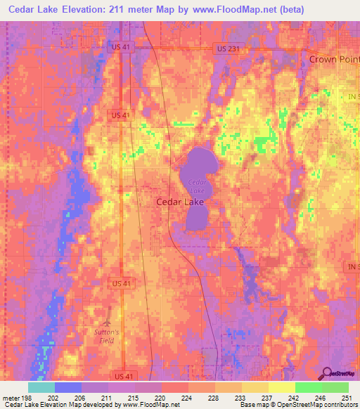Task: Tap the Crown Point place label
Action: (334, 60)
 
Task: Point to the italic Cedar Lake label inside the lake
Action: (196, 186)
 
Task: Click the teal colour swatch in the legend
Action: (41, 387)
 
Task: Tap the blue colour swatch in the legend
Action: (68, 387)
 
